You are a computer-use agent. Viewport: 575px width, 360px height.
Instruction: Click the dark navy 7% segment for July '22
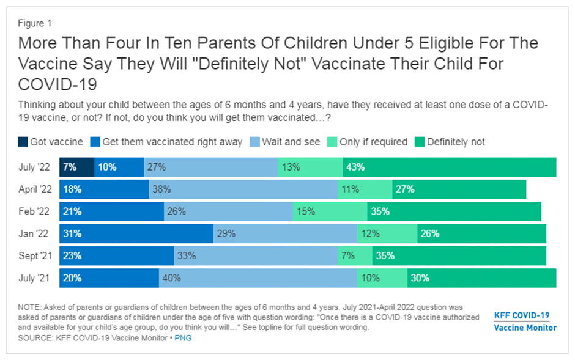click(x=76, y=167)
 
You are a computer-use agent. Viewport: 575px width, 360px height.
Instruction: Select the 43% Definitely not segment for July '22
click(x=458, y=167)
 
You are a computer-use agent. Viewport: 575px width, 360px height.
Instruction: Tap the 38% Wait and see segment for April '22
click(x=243, y=189)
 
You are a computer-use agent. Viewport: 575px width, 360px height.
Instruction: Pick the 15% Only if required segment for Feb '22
click(x=330, y=211)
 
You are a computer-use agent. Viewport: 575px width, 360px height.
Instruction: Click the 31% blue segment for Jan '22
click(x=136, y=233)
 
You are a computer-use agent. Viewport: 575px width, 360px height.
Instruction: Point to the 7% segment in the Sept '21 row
click(x=355, y=255)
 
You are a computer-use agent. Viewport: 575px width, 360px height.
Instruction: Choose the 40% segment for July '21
click(x=258, y=277)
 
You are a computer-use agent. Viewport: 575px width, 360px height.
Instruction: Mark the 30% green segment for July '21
click(x=481, y=277)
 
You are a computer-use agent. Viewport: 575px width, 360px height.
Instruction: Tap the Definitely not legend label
click(x=456, y=142)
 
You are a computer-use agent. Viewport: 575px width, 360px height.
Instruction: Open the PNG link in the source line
click(x=183, y=337)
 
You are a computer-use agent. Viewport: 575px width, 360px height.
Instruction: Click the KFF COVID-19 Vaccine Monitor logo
click(x=525, y=321)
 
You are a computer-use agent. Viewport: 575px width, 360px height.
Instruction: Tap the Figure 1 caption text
click(x=35, y=24)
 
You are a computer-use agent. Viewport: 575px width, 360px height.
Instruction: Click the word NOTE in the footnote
click(x=30, y=308)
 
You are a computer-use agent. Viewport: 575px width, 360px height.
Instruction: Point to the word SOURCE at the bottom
click(x=35, y=337)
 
